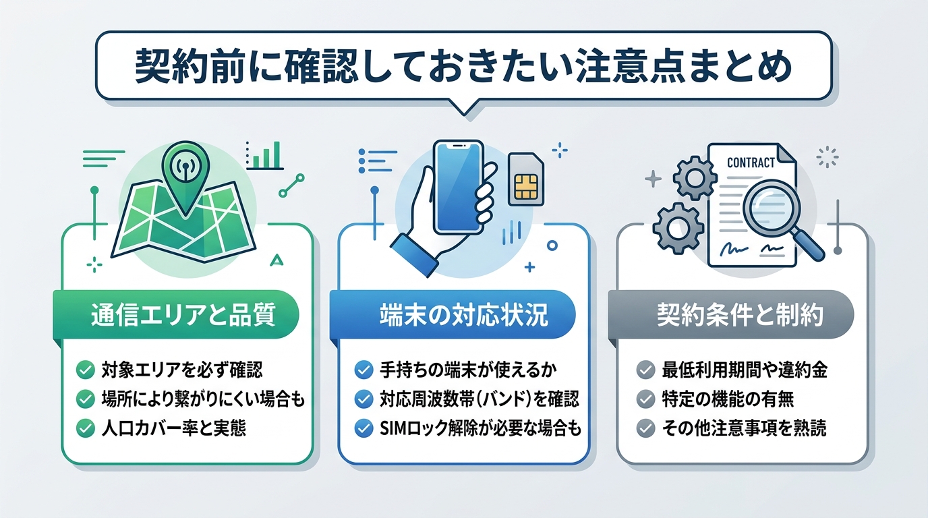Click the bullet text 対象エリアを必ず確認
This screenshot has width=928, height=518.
click(x=181, y=370)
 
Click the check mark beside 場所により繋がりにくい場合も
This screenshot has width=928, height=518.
click(x=86, y=399)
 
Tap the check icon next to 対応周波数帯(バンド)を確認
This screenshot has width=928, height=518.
click(x=364, y=399)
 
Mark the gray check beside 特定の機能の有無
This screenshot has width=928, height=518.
click(x=645, y=399)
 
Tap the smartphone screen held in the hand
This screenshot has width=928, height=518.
click(x=459, y=185)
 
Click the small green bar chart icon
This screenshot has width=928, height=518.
click(x=264, y=156)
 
